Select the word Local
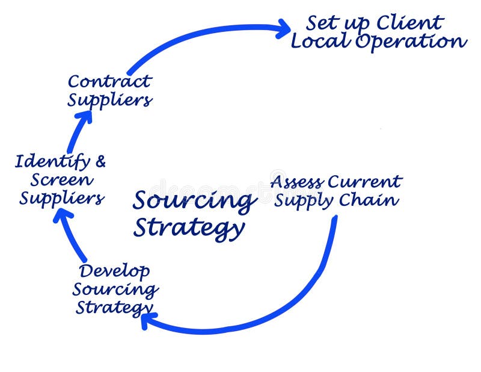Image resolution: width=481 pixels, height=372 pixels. [320, 41]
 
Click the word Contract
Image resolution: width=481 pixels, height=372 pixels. [109, 81]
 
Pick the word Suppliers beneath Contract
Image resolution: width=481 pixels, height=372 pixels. [109, 100]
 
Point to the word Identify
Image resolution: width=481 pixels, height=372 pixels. [52, 162]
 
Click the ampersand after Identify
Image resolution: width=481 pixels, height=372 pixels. [100, 161]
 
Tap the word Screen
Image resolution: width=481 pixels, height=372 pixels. [62, 179]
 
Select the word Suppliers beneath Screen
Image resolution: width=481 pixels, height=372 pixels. [61, 198]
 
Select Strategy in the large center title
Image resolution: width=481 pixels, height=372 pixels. [188, 229]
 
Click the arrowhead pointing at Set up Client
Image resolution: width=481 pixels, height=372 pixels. [283, 28]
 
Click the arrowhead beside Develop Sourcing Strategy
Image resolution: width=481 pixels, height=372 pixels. [148, 320]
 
